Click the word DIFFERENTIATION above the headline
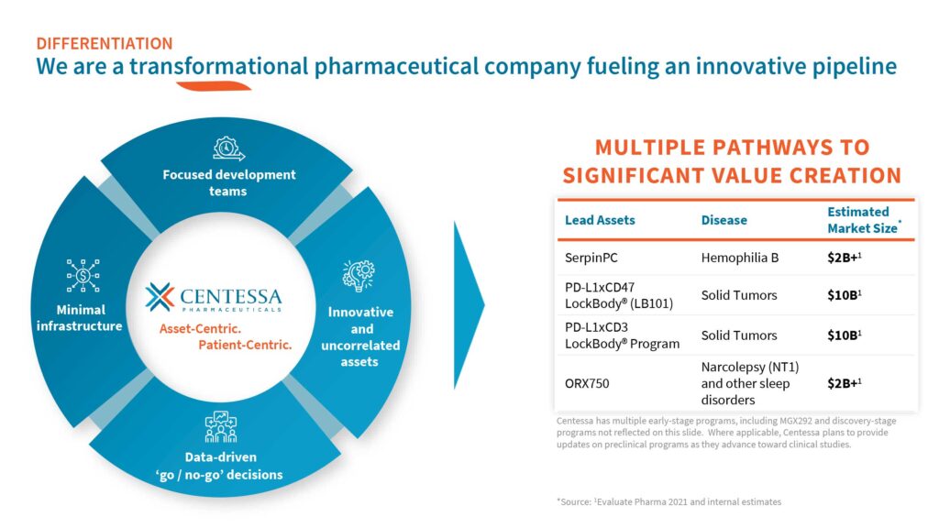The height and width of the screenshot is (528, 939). pos(105,44)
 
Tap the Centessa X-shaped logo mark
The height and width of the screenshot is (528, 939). pos(160,297)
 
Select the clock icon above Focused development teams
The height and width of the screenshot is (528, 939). pos(228,148)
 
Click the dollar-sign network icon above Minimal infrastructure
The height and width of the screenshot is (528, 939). pos(83,275)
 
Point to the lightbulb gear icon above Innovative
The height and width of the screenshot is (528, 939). pos(359,275)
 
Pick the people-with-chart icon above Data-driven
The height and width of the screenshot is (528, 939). pos(221,426)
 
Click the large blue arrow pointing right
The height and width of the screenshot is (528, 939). pos(469,304)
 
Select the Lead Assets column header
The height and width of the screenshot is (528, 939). pos(600,220)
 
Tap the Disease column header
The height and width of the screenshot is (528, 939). pos(724,220)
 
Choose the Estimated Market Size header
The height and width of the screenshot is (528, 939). pos(864,220)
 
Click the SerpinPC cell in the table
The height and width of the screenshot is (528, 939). pos(591,258)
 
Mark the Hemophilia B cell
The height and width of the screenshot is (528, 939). pos(740,258)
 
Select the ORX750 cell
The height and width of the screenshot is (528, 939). pos(587,383)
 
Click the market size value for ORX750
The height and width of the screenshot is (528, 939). pos(844,383)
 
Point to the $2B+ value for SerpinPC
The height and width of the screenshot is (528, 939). pos(844,258)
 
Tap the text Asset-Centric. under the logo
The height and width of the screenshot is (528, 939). pos(200,329)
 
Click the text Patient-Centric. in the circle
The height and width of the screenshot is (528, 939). pos(245,345)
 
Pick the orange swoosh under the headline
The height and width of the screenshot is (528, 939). pos(213,86)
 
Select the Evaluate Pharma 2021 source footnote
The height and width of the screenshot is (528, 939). pos(668,501)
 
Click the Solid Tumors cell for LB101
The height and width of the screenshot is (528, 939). pos(739,295)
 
